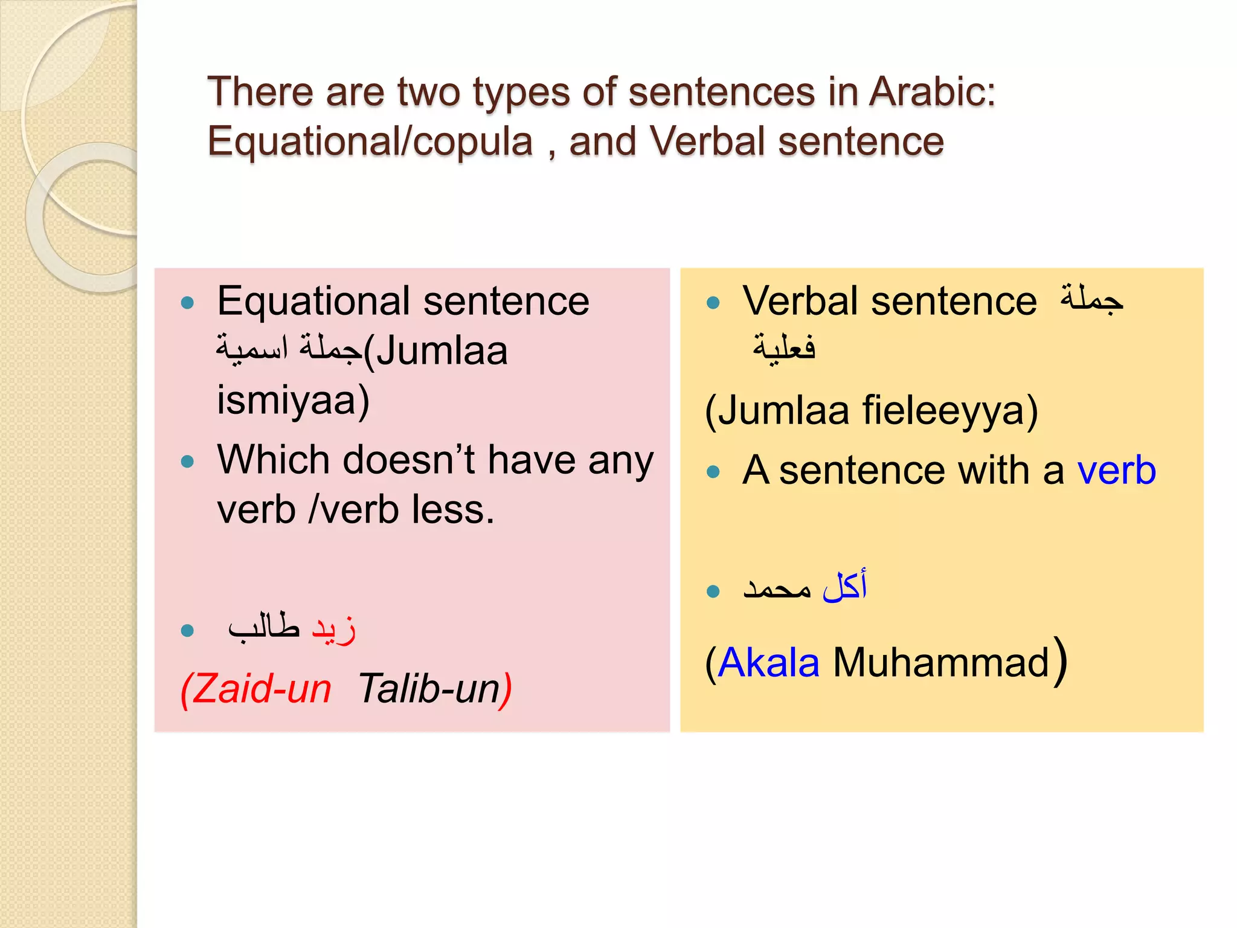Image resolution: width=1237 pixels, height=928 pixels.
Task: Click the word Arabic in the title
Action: click(931, 92)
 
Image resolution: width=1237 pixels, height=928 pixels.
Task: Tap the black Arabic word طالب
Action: click(264, 628)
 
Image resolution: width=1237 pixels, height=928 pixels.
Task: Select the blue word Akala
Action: click(769, 663)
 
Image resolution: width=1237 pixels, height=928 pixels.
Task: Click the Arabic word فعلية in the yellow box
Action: click(784, 347)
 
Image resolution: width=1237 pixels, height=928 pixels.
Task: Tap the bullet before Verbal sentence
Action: click(713, 303)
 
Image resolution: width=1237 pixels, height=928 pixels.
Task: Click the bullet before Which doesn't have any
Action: click(188, 462)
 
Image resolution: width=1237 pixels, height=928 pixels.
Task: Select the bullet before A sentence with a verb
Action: click(713, 472)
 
